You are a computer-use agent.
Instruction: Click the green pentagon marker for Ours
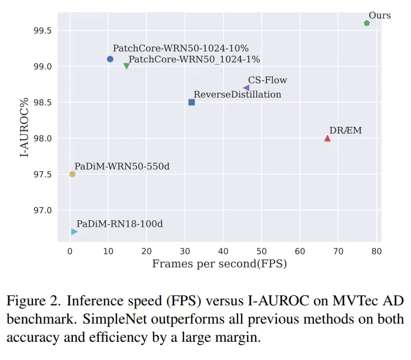click(x=367, y=23)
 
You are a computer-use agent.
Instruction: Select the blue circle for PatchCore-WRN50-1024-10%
click(x=110, y=59)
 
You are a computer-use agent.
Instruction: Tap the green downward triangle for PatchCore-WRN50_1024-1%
click(x=126, y=66)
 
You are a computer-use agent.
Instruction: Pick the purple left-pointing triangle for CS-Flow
click(x=246, y=88)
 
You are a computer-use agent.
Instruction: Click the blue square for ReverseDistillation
click(x=192, y=102)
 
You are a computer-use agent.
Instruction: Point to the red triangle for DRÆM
click(x=328, y=138)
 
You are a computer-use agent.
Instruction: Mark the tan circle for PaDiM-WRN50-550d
click(x=72, y=174)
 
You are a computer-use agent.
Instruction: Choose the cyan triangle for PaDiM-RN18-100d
click(x=74, y=231)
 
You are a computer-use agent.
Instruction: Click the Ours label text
click(x=380, y=15)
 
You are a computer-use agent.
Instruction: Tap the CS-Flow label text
click(x=268, y=80)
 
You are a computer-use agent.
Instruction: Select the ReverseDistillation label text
click(x=238, y=94)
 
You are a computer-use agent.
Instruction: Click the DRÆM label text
click(x=346, y=130)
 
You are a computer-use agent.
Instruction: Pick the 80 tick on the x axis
click(x=376, y=251)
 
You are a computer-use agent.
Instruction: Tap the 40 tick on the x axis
click(x=223, y=251)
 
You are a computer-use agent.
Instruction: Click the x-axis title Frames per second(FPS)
click(x=219, y=264)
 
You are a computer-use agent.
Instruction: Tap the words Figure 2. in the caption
click(x=32, y=301)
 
